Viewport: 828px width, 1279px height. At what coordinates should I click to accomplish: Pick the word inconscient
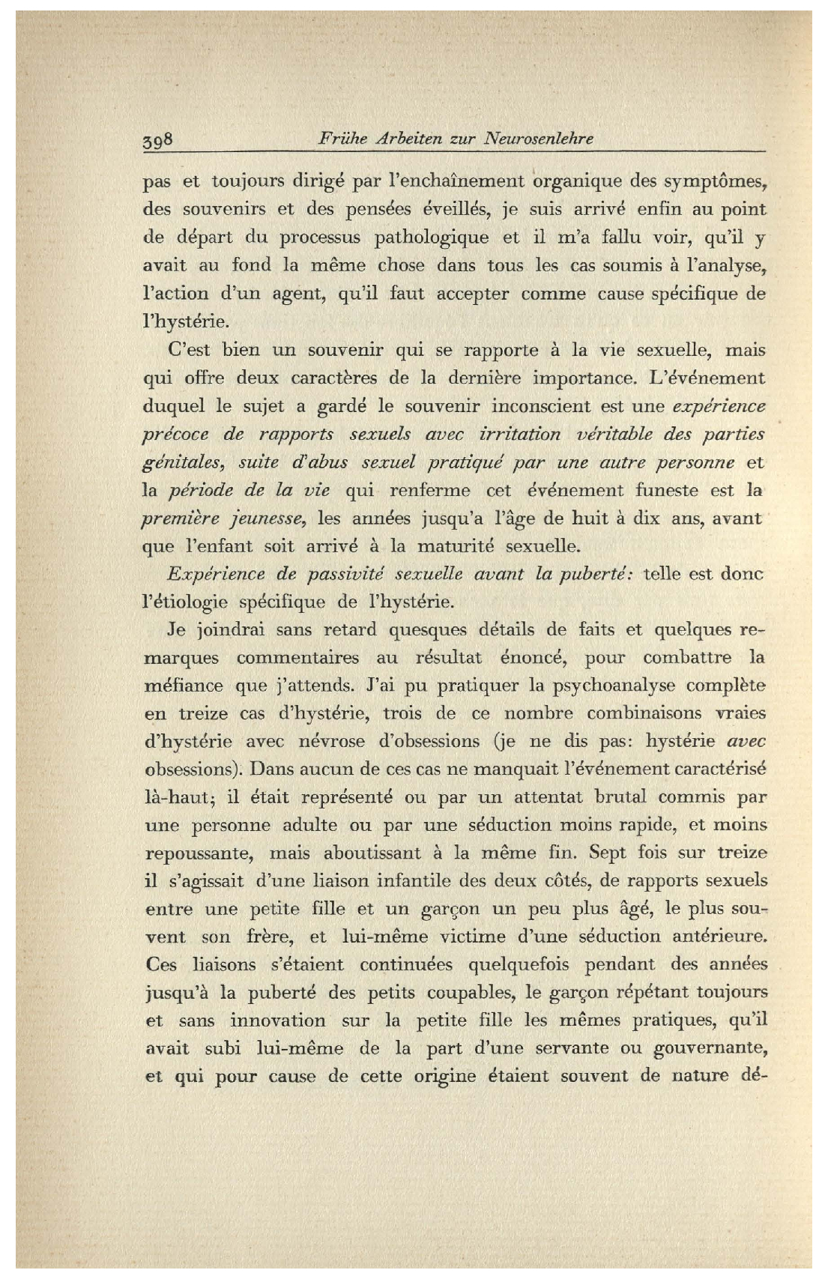(x=539, y=407)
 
